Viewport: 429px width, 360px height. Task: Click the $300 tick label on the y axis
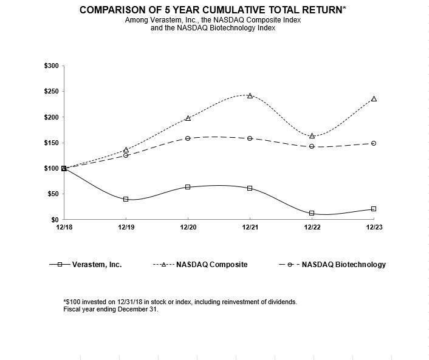51,66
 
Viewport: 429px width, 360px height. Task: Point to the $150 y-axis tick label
51,143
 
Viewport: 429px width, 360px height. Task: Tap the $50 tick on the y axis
53,194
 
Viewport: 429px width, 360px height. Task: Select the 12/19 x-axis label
126,226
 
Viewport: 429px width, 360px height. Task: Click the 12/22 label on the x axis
312,226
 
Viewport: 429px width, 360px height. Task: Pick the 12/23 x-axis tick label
374,226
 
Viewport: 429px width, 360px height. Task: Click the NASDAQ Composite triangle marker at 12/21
250,95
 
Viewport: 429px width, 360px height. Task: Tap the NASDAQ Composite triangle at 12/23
374,98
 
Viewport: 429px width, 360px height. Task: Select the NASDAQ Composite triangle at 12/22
312,135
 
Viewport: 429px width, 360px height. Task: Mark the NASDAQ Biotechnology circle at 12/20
188,138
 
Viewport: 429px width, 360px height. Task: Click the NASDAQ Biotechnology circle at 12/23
374,143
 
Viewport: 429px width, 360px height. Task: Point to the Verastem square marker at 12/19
126,199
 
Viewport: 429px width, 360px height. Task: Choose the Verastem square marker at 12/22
312,213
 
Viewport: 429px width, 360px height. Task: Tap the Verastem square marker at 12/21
250,188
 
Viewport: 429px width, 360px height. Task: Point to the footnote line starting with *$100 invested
180,302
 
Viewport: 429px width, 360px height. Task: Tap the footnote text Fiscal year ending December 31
111,309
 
